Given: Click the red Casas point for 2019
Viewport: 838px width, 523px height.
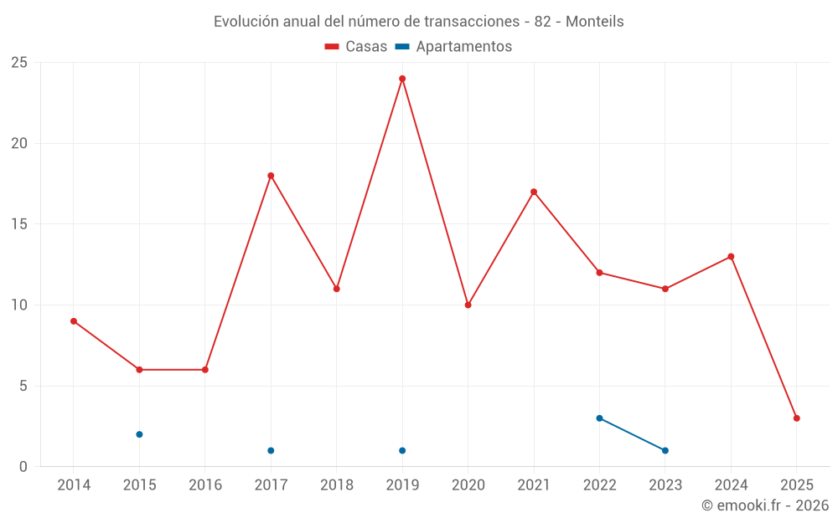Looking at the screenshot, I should (x=402, y=79).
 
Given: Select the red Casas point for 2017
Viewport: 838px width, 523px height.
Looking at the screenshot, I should (x=271, y=176).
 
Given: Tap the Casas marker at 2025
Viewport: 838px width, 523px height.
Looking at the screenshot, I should (x=797, y=418).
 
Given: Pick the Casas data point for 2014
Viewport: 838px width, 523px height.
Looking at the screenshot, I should (x=74, y=321).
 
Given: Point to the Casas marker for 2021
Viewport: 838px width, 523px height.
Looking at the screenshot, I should (x=534, y=192).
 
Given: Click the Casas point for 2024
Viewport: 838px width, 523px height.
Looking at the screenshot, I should (x=731, y=257).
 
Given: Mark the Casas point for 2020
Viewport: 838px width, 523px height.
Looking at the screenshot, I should (x=468, y=305).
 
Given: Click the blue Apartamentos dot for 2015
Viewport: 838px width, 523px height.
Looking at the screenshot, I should (x=139, y=434).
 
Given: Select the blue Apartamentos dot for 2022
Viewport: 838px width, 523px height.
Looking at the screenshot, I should (x=599, y=418).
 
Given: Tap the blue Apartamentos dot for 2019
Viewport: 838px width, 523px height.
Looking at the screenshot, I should (x=402, y=451).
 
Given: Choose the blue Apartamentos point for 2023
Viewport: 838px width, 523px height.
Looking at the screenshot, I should (x=665, y=451).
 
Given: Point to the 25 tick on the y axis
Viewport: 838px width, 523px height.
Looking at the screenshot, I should (x=18, y=63).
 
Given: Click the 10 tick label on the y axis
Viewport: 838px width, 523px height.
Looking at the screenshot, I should (x=18, y=305).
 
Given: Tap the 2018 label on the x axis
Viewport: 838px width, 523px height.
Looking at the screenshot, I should (x=337, y=485).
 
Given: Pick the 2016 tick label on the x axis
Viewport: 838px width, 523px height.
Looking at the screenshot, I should (x=205, y=485).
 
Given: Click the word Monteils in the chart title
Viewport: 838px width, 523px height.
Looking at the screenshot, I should (x=595, y=22).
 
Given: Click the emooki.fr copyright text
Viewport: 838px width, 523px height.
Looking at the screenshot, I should (x=765, y=505).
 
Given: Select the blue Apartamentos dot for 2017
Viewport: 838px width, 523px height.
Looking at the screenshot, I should (x=271, y=451).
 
